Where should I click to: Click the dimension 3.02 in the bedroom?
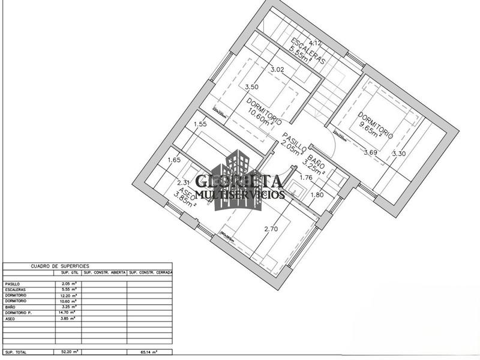click(277, 70)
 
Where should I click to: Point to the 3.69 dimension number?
click(370, 152)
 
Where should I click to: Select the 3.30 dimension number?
click(399, 154)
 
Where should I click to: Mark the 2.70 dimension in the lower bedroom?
click(271, 228)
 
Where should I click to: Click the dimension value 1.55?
click(200, 124)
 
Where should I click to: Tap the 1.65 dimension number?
click(174, 160)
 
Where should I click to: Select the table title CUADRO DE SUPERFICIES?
click(59, 265)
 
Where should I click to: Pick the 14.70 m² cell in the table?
click(67, 313)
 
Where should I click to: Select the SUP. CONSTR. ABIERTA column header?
click(104, 272)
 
